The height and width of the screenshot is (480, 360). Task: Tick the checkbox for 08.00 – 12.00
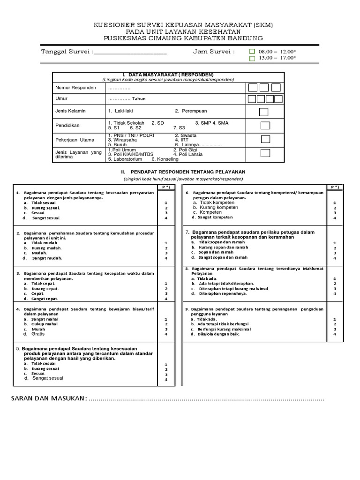[252, 51]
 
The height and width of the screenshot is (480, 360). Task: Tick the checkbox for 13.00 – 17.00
[252, 59]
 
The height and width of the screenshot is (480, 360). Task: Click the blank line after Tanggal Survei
[130, 52]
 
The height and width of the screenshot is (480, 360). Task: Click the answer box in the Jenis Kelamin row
[264, 112]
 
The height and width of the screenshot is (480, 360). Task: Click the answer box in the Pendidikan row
[265, 125]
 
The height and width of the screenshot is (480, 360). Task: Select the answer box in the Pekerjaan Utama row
[265, 139]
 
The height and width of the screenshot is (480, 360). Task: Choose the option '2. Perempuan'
[191, 111]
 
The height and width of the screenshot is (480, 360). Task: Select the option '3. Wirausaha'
[122, 140]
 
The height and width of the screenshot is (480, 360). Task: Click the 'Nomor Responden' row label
[75, 88]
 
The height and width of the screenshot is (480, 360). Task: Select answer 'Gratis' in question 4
[38, 334]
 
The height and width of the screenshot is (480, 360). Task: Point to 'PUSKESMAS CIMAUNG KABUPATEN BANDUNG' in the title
[183, 38]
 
